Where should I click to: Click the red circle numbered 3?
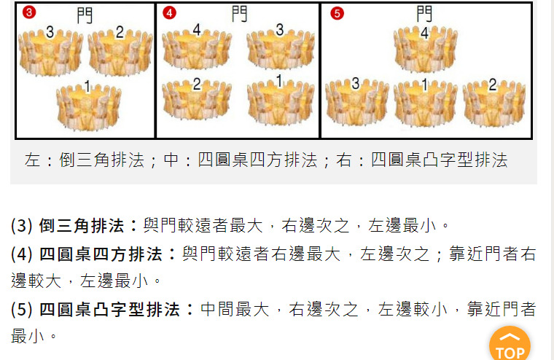click(28, 12)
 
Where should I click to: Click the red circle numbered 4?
click(169, 12)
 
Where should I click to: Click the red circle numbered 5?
click(336, 12)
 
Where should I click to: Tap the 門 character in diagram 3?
click(85, 15)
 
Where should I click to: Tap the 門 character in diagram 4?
click(239, 14)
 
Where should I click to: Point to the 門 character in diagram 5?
click(424, 14)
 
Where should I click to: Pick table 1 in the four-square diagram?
click(281, 98)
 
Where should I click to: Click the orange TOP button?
click(510, 345)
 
